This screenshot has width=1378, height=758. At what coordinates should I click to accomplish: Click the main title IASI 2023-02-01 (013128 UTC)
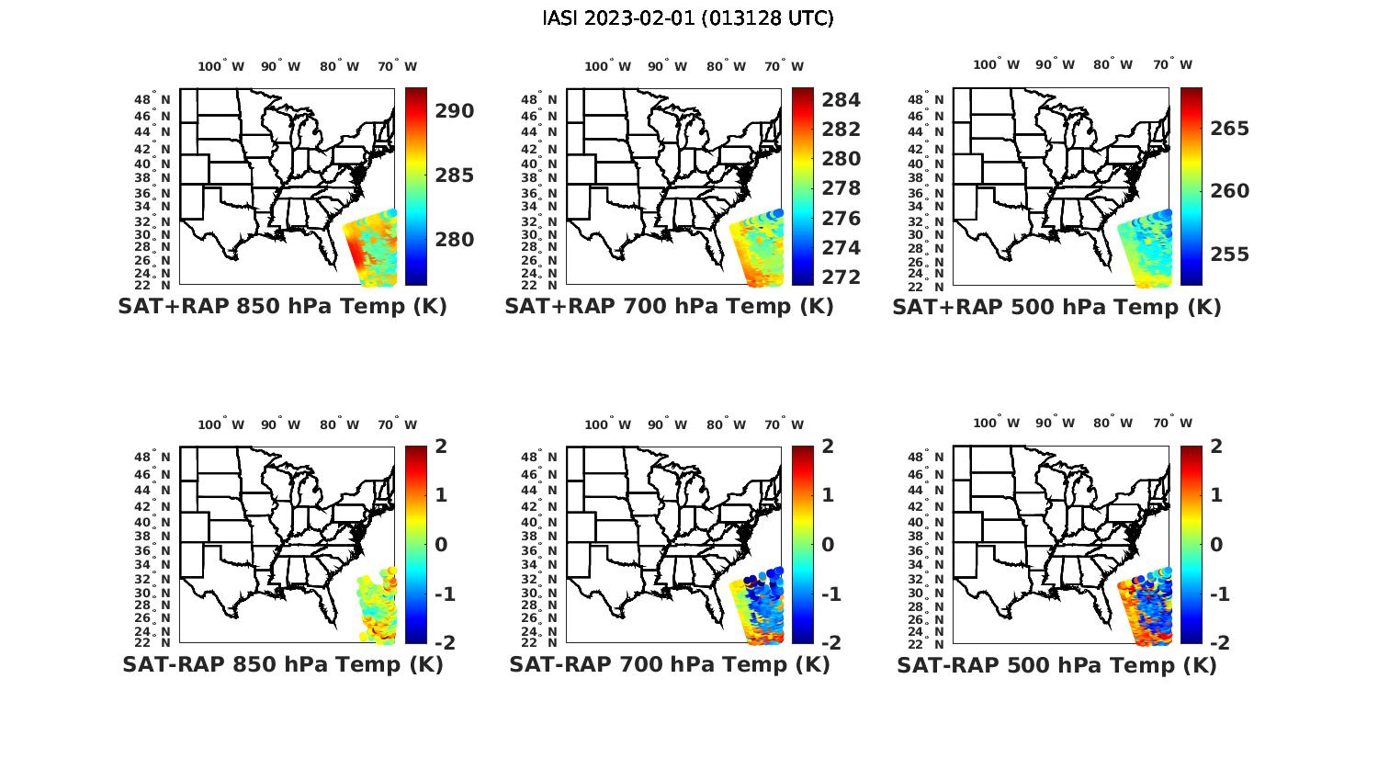[x=688, y=18]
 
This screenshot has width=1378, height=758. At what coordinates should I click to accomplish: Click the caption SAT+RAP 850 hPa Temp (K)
[x=282, y=307]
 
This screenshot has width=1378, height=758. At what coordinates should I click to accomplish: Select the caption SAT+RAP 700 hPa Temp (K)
[x=669, y=307]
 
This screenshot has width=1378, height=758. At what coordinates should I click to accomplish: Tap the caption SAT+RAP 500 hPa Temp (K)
[x=1056, y=307]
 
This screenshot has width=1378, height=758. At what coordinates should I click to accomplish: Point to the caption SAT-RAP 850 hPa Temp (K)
[x=282, y=664]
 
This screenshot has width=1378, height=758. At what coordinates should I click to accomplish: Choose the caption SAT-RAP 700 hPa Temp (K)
[x=669, y=664]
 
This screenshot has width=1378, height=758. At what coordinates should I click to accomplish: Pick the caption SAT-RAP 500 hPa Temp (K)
[x=1056, y=664]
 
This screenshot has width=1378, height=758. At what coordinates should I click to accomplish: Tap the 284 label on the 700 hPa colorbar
[x=841, y=99]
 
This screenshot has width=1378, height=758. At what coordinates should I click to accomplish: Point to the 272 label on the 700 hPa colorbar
[x=841, y=277]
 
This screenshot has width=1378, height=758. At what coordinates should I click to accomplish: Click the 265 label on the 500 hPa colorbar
[x=1229, y=129]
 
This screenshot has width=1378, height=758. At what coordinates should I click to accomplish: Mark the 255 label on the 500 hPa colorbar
[x=1229, y=255]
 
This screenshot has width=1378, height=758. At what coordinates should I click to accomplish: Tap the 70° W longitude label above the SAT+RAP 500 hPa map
[x=1172, y=64]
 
